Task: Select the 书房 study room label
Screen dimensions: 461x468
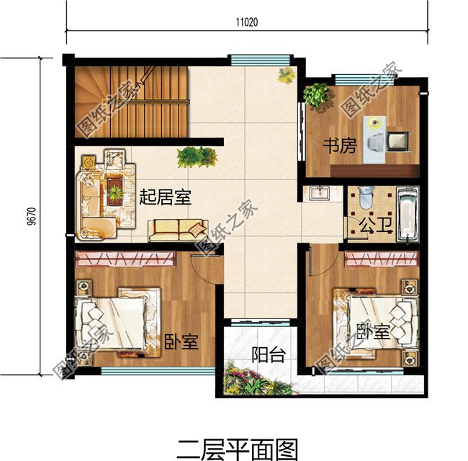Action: click(339, 146)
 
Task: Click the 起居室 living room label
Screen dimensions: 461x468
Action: click(166, 196)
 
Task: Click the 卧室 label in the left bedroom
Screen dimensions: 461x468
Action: click(181, 341)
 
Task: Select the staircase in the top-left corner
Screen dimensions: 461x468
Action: click(130, 101)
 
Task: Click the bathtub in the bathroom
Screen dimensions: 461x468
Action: click(408, 214)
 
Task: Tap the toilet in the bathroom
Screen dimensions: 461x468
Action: click(365, 198)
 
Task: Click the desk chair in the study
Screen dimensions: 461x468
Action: click(374, 142)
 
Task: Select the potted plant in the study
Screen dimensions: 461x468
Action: click(317, 96)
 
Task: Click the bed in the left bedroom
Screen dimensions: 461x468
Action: click(119, 320)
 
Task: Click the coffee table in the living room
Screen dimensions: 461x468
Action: click(114, 191)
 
